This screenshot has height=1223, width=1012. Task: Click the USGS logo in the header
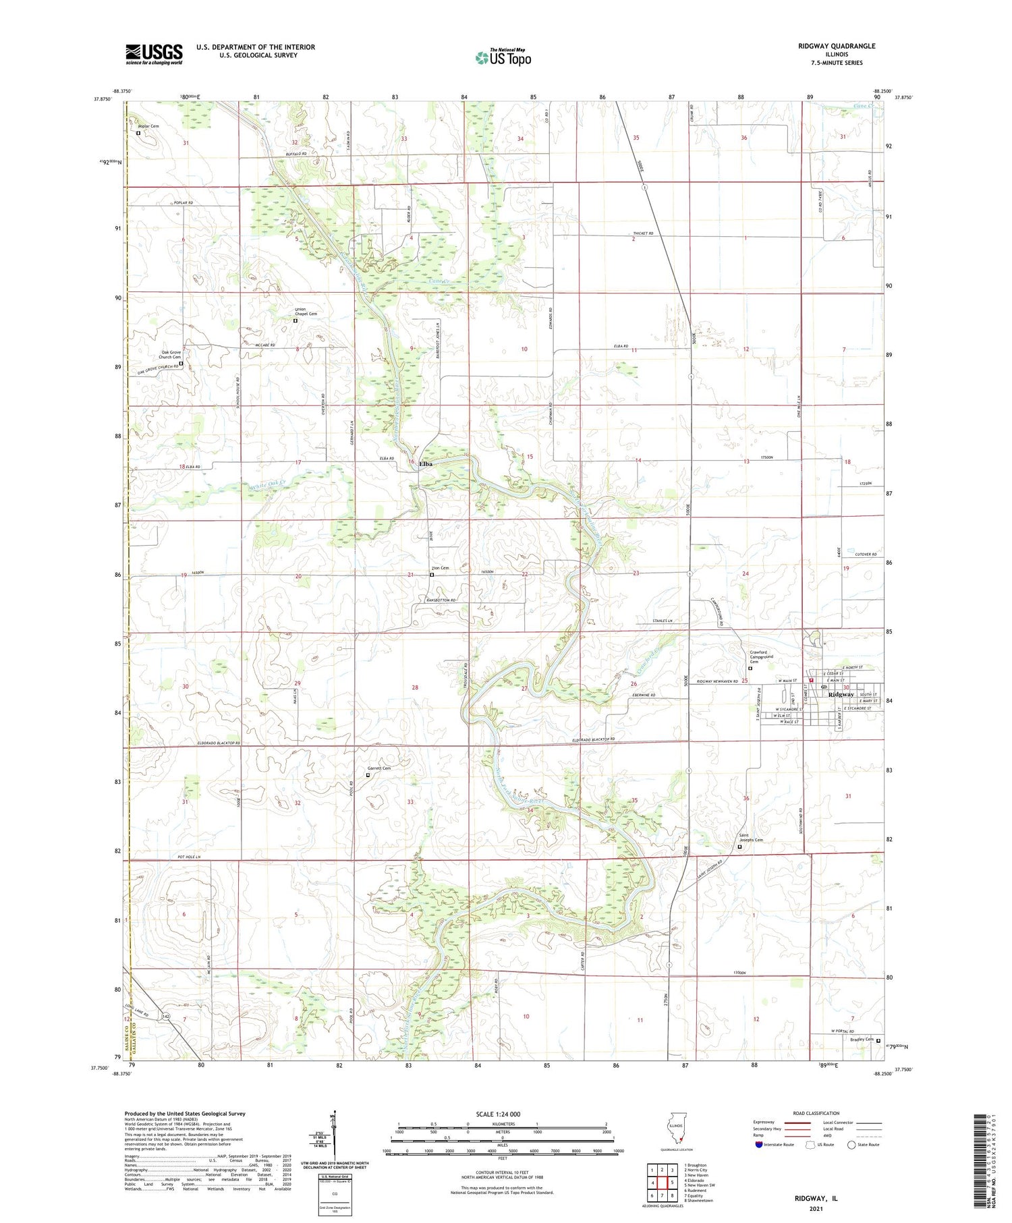tap(154, 54)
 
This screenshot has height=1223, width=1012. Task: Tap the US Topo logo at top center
tap(503, 57)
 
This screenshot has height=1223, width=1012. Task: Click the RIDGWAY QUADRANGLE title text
tap(836, 46)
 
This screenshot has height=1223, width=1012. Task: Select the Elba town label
tap(426, 464)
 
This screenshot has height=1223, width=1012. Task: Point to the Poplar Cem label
tap(148, 126)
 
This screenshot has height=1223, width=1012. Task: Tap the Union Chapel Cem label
tap(305, 312)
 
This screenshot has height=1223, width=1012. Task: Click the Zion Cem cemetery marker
tap(432, 575)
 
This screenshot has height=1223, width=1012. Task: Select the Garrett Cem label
tap(378, 768)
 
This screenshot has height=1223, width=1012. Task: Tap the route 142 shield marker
tap(165, 1015)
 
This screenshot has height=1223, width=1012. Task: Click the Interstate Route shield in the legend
tap(760, 1145)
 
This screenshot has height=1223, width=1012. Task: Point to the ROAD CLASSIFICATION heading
tap(816, 1113)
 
